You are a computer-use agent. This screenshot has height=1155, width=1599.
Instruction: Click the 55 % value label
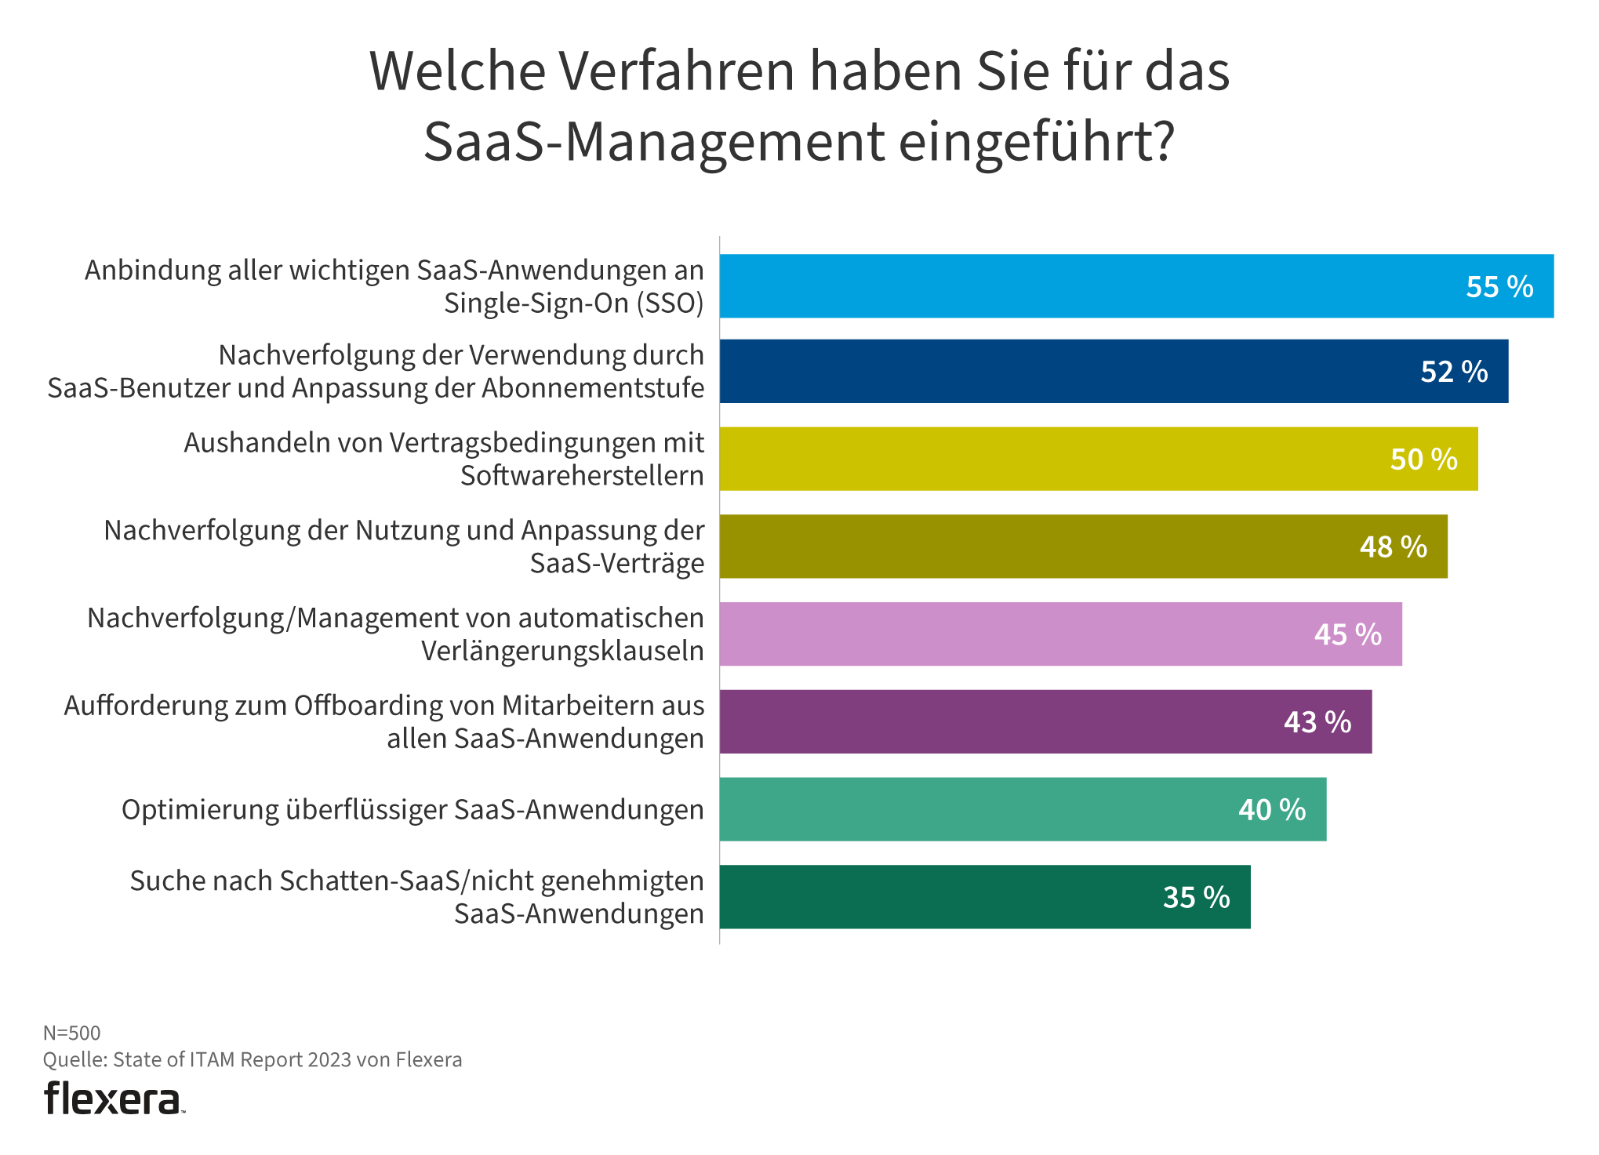(1499, 287)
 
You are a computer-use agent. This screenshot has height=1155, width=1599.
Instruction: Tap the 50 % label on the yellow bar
(1423, 459)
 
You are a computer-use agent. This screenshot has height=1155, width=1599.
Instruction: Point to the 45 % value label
(1347, 634)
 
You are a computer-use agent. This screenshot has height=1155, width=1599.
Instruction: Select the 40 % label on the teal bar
(1271, 810)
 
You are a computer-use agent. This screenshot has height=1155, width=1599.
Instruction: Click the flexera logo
(114, 1099)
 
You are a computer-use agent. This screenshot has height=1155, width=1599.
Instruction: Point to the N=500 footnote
(71, 1033)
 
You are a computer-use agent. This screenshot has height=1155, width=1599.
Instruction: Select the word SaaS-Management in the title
(654, 142)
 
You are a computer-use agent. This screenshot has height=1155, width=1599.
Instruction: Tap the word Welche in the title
(457, 71)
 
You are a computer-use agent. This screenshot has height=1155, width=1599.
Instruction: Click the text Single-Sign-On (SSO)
(573, 303)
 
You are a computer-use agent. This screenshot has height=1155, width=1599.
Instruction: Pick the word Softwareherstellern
(582, 476)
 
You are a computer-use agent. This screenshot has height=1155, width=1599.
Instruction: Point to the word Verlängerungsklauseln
(562, 652)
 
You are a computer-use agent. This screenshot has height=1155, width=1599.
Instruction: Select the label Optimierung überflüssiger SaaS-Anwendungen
(412, 810)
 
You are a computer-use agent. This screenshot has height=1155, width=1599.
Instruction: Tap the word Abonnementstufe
(592, 388)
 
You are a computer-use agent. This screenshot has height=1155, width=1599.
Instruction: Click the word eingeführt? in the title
(1036, 142)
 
